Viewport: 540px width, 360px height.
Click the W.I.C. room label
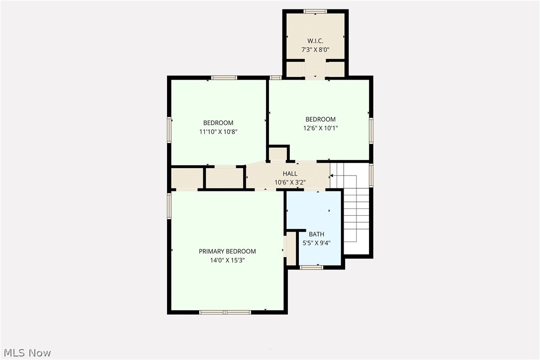tap(315, 40)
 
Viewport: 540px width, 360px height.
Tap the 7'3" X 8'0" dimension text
tap(315, 49)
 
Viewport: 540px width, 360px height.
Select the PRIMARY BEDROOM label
tap(227, 251)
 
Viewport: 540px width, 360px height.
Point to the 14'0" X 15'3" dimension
tap(227, 260)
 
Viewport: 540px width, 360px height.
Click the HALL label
tap(290, 174)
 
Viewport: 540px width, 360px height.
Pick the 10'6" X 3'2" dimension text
tap(290, 182)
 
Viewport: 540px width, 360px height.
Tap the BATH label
tap(316, 234)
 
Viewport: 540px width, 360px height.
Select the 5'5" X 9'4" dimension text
tap(316, 243)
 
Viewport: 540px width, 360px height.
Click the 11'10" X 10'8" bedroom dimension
tap(218, 132)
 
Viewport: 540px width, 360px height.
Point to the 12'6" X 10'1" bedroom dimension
tap(320, 128)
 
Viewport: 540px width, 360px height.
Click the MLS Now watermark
tap(26, 353)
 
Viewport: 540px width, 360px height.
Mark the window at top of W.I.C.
tap(315, 11)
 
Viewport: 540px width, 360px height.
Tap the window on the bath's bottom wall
tap(311, 268)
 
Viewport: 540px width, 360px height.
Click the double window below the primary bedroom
tap(225, 312)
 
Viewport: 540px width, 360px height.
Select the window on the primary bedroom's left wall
tap(169, 206)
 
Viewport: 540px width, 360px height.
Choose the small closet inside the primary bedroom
tap(291, 248)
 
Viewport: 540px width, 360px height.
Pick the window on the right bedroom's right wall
tap(371, 130)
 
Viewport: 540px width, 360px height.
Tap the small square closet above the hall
tap(277, 153)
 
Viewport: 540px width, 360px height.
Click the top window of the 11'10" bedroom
tap(224, 78)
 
